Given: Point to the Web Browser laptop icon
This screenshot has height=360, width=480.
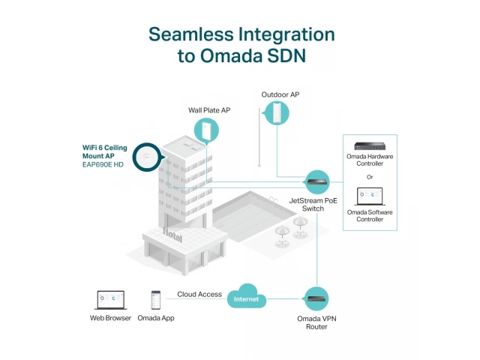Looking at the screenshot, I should pyautogui.click(x=110, y=299).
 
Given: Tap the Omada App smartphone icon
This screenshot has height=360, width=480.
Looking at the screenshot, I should pyautogui.click(x=156, y=299).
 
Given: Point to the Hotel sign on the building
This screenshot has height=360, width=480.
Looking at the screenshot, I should pyautogui.click(x=172, y=232).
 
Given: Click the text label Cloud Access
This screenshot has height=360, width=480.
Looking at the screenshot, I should pyautogui.click(x=199, y=294).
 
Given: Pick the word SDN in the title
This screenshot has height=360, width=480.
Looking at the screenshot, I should pyautogui.click(x=289, y=58).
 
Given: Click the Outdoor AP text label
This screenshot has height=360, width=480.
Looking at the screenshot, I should pyautogui.click(x=280, y=95).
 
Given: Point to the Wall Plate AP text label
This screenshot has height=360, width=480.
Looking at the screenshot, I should pyautogui.click(x=209, y=110).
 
